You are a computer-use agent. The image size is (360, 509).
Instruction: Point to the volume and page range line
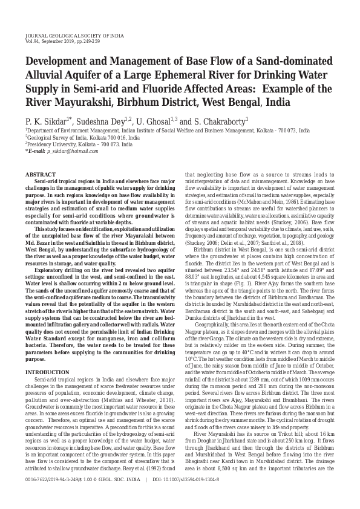(64, 42)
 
